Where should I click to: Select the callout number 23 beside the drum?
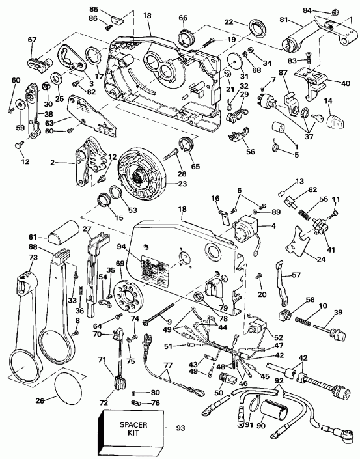tap(176, 184)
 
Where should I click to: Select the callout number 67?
tap(32, 40)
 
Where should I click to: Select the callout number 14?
tap(327, 101)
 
